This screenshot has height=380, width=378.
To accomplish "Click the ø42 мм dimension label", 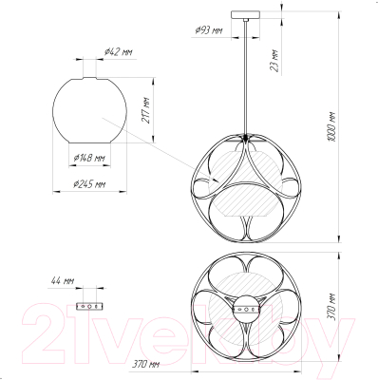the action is click(118, 52).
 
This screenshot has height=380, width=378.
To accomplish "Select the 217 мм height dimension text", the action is click(146, 110).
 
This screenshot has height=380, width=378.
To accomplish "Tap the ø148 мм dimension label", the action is click(89, 159).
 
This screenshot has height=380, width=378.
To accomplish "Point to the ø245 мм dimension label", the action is click(89, 184).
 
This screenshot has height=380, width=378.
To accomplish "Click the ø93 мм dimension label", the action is click(209, 30).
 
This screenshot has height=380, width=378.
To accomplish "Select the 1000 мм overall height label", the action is click(331, 126).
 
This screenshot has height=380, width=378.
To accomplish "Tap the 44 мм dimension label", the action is click(63, 280).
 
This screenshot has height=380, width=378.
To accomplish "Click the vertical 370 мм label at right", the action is click(331, 307).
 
